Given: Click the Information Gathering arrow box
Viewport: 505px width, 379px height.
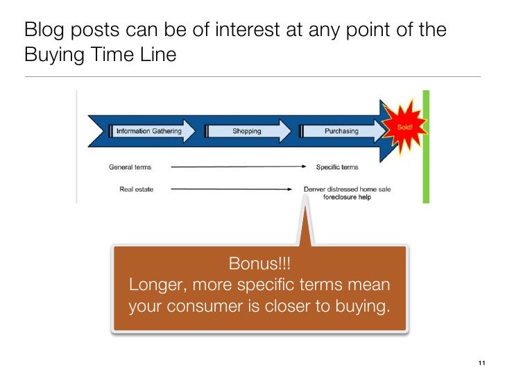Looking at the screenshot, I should [150, 131].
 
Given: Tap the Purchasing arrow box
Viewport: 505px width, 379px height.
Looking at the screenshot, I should [342, 131].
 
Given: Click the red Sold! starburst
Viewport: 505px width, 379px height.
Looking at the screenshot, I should [404, 128].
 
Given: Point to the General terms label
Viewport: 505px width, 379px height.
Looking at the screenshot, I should [130, 167].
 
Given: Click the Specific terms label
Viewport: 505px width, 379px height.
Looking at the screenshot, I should [337, 167].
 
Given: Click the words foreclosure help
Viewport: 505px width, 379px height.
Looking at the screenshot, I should [348, 196].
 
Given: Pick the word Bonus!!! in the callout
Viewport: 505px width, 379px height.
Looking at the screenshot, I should [259, 264].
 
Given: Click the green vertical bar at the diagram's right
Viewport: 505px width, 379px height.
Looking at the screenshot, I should [426, 146].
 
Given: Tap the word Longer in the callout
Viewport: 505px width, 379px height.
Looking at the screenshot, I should [155, 285].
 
